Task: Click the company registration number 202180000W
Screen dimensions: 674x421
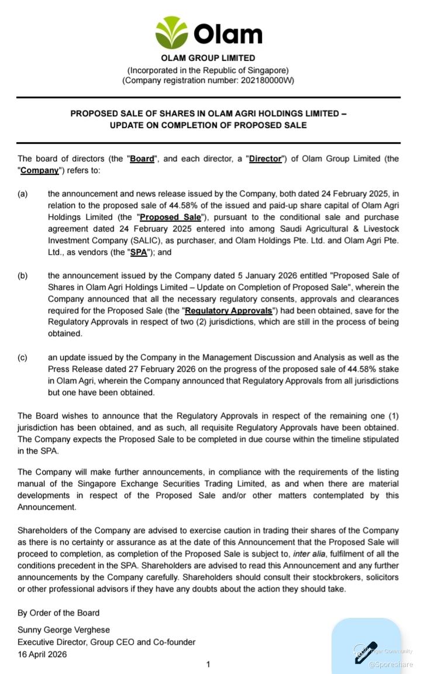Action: pos(264,81)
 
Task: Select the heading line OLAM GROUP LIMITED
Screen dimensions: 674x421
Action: pos(208,58)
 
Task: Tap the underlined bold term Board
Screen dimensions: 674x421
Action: pos(142,159)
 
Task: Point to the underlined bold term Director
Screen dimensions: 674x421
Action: pos(265,159)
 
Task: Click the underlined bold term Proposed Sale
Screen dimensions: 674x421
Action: pos(170,217)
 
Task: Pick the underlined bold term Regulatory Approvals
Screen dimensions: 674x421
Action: pos(229,311)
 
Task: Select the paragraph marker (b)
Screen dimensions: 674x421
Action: pos(23,276)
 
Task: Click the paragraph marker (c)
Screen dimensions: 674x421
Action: pos(23,358)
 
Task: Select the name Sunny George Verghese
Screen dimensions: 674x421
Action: pos(64,630)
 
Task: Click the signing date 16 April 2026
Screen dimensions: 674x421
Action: pos(42,654)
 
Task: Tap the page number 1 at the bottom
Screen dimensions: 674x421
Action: pos(208,665)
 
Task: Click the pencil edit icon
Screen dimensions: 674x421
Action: pos(366,652)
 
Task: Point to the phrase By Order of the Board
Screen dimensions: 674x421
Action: pos(58,613)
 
